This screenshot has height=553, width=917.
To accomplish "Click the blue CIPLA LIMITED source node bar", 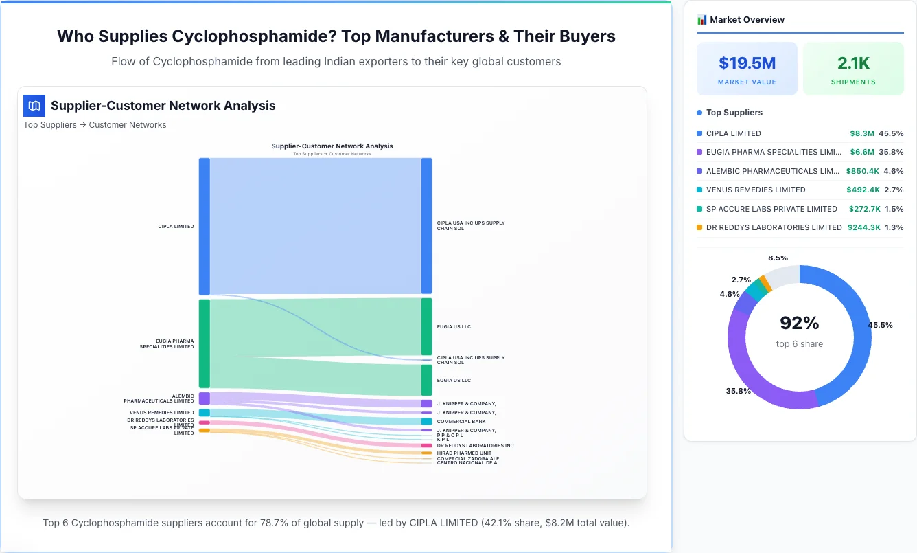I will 204,226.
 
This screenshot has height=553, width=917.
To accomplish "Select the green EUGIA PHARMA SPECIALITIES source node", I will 204,343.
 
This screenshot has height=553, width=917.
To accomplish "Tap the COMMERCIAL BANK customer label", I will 461,422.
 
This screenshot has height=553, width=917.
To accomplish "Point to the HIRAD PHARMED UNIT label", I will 463,453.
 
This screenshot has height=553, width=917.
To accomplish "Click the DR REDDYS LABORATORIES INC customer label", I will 475,446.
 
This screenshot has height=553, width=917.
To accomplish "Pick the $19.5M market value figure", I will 747,63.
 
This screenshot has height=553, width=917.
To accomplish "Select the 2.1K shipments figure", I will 853,63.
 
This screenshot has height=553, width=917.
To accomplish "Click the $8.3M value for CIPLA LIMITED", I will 861,133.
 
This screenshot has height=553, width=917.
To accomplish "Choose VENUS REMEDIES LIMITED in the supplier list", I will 756,190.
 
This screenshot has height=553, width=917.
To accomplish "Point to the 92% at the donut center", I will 799,323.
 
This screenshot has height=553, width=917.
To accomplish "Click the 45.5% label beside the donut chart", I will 880,325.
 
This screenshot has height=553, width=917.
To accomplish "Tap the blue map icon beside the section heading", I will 34,106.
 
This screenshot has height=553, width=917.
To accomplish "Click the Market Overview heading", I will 747,20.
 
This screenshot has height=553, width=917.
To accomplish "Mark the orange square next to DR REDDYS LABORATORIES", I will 699,227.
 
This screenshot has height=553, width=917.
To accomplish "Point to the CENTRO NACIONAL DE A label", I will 467,463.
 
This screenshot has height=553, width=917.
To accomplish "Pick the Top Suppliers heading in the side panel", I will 734,113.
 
